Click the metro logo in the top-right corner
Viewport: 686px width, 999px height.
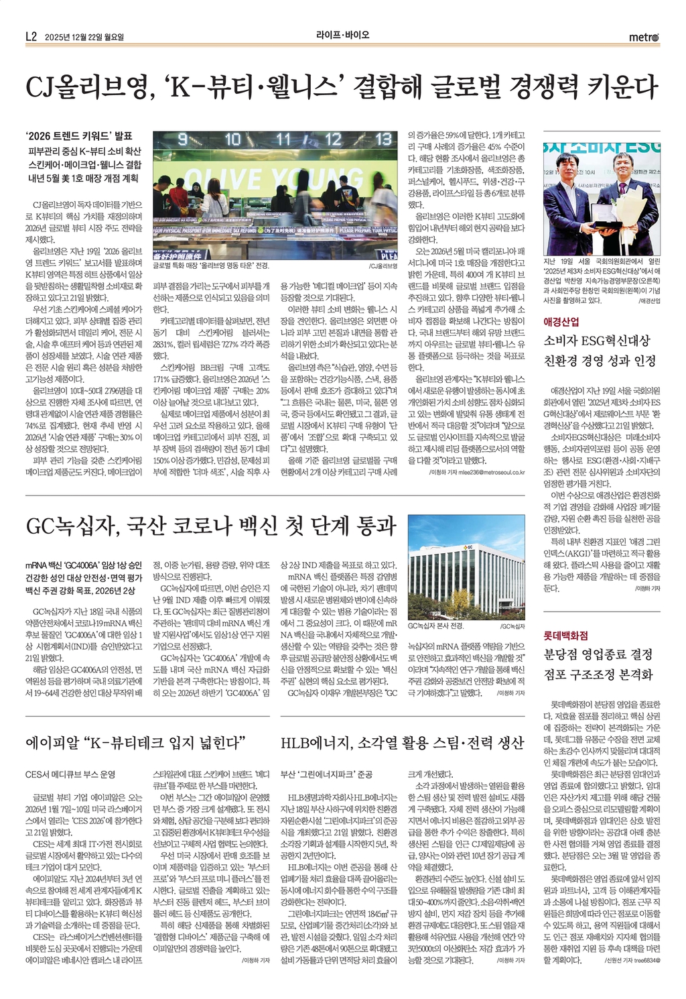coord(644,37)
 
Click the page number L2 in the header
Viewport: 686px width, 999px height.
coord(31,37)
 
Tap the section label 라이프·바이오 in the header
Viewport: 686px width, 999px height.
coord(343,36)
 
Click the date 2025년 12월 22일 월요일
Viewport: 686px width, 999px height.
coord(84,37)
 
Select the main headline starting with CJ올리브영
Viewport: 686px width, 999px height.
coord(342,87)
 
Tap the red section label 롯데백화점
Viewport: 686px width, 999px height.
coord(565,634)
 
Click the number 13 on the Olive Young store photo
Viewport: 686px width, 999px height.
coord(383,139)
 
